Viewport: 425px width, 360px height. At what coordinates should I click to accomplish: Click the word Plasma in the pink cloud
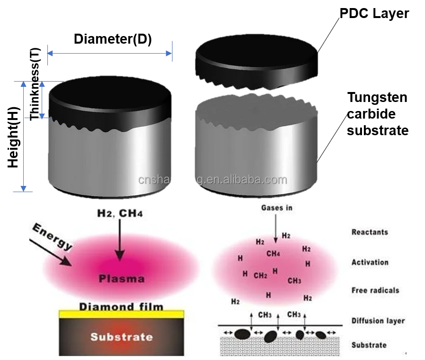coord(121,278)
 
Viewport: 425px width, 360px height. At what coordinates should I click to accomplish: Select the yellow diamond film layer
coord(121,314)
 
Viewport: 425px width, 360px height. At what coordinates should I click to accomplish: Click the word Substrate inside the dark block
coord(121,337)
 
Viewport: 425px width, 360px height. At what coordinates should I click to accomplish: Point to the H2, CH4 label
coord(119,214)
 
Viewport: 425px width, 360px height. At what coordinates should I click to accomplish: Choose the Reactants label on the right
coord(370,232)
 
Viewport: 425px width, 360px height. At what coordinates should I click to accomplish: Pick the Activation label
coord(370,262)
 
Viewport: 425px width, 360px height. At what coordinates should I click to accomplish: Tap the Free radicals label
coord(375,290)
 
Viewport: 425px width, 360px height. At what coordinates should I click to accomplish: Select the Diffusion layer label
coord(378,321)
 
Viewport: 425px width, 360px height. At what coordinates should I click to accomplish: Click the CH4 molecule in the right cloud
coord(273,254)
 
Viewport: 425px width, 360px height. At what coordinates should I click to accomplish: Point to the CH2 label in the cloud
coord(261,275)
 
